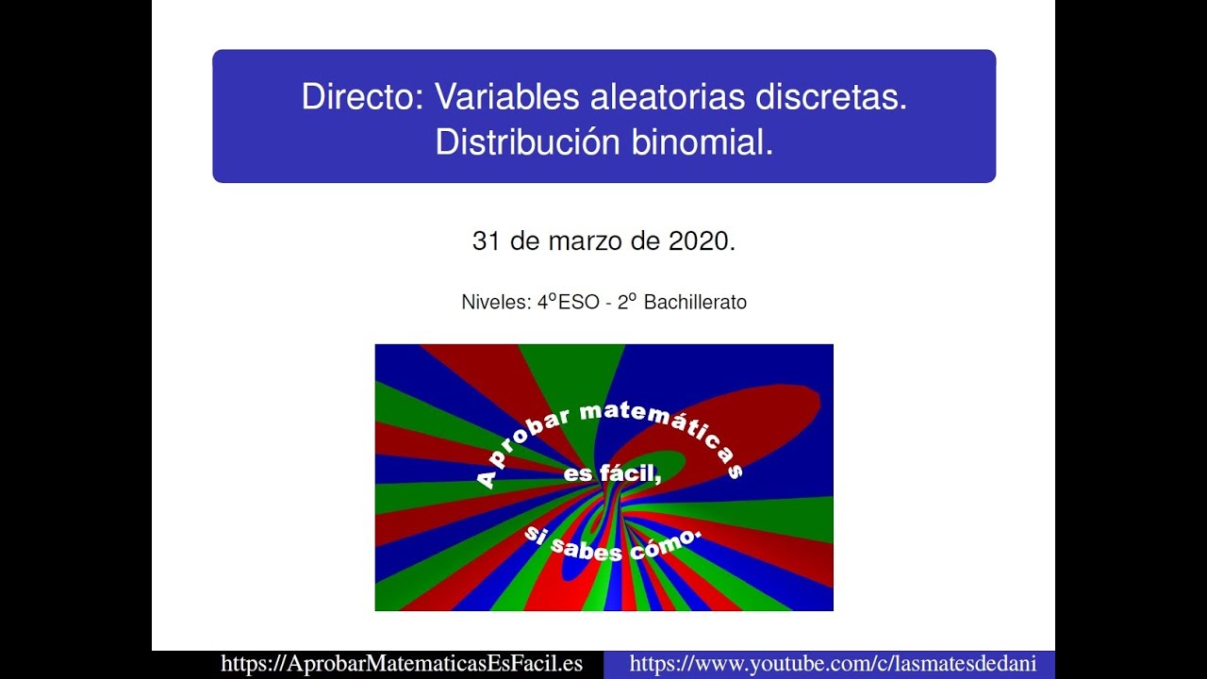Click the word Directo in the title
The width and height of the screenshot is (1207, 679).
(x=361, y=98)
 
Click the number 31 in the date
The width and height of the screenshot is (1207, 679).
(x=486, y=241)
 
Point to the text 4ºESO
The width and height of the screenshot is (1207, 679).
(x=568, y=303)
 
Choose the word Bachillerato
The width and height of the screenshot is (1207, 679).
(x=695, y=303)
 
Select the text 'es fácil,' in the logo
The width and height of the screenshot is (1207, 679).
(x=612, y=475)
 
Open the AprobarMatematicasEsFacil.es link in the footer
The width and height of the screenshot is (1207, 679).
(x=402, y=664)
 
